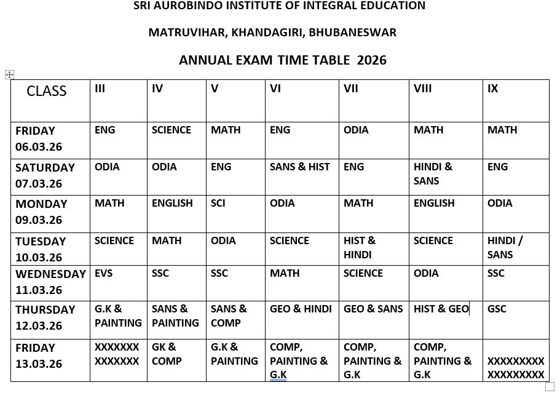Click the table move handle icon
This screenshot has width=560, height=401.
[x=9, y=74]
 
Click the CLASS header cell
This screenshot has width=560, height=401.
[x=46, y=91]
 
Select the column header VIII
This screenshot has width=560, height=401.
[x=422, y=89]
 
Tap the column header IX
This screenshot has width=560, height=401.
[x=492, y=89]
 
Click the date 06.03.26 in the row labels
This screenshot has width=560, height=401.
[x=39, y=147]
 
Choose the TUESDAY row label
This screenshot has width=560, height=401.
[x=41, y=241]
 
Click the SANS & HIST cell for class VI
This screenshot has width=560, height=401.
[x=299, y=167]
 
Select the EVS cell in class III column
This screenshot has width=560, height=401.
[x=103, y=273]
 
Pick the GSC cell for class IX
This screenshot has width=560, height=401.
[x=497, y=309]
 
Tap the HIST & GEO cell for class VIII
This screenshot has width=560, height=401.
[x=441, y=309]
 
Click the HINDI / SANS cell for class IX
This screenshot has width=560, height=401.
[x=505, y=247]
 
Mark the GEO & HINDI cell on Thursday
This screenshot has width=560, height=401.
[x=301, y=309]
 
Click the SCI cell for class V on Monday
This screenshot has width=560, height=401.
[x=218, y=203]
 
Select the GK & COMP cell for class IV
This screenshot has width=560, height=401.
[x=165, y=354]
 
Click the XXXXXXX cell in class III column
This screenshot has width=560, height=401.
[x=117, y=354]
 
